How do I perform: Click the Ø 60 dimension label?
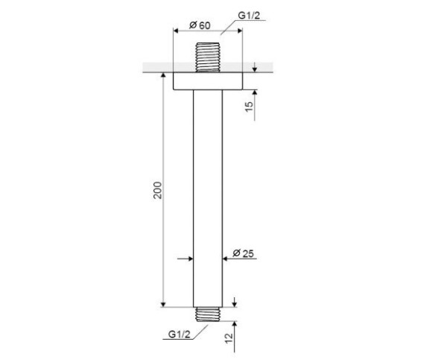pos(200,25)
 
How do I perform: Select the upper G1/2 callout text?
pos(249,16)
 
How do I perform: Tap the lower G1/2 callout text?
pos(180,335)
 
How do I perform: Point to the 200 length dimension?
pos(158,190)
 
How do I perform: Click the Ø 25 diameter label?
pos(244,253)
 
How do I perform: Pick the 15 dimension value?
pos(249,107)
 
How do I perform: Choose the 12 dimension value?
pos(229,338)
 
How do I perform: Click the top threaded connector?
pos(208,57)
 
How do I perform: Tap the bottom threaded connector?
pos(208,315)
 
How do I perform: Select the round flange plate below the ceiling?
pos(208,81)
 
